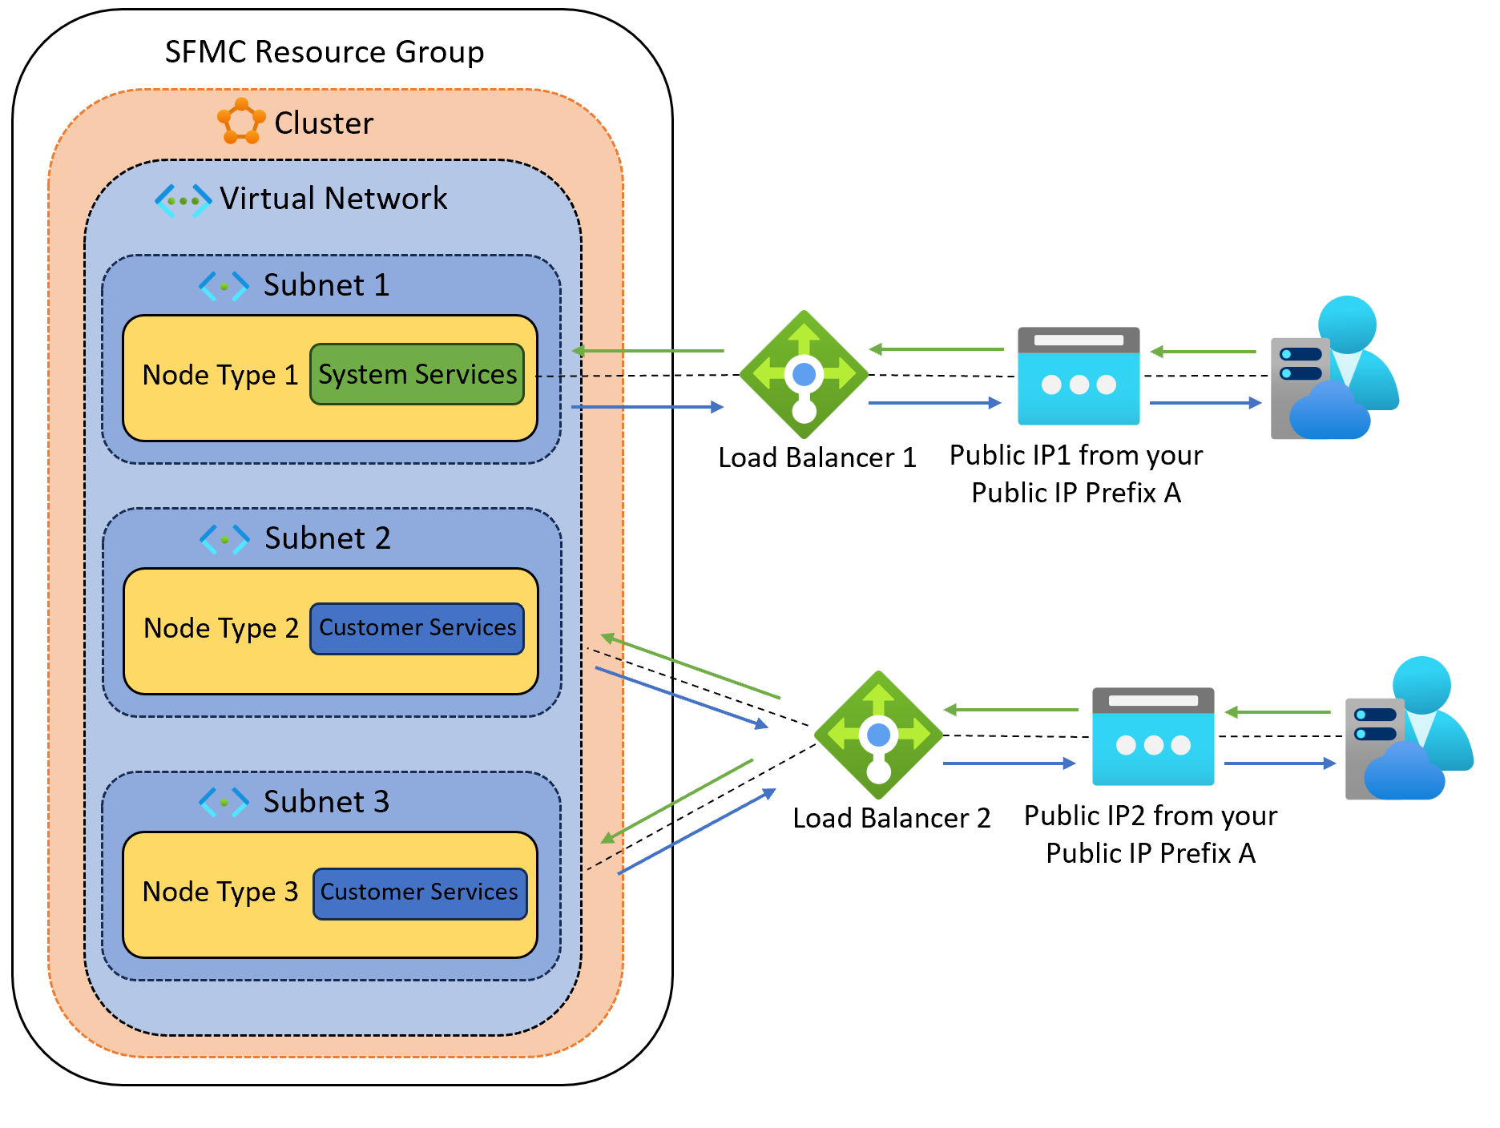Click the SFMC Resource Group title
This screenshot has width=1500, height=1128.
click(x=325, y=52)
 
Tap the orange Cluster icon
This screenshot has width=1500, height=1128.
click(x=241, y=122)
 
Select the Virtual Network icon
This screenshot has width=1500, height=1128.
click(x=183, y=199)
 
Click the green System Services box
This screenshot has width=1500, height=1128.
click(x=417, y=374)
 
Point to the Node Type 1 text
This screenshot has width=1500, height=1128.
click(x=220, y=375)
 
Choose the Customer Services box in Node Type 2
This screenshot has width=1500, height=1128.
click(x=417, y=628)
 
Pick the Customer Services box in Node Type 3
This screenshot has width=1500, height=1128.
click(x=420, y=892)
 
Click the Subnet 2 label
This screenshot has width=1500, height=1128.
click(x=328, y=538)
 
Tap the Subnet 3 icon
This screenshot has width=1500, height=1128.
click(x=224, y=802)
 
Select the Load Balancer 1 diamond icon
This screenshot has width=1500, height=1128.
click(x=804, y=374)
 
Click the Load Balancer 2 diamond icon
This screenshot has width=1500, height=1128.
click(x=878, y=735)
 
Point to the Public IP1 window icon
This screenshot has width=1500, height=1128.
click(x=1079, y=376)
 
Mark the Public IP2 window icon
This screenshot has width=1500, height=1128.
click(x=1153, y=736)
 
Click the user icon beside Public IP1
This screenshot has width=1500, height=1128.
click(x=1334, y=369)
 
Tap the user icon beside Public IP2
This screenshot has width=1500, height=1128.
click(x=1409, y=730)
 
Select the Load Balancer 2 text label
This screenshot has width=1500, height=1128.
click(x=891, y=818)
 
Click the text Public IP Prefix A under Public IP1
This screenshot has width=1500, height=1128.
click(x=1076, y=493)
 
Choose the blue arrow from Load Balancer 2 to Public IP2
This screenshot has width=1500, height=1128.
click(x=1009, y=763)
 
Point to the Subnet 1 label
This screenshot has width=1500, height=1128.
click(x=326, y=285)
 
